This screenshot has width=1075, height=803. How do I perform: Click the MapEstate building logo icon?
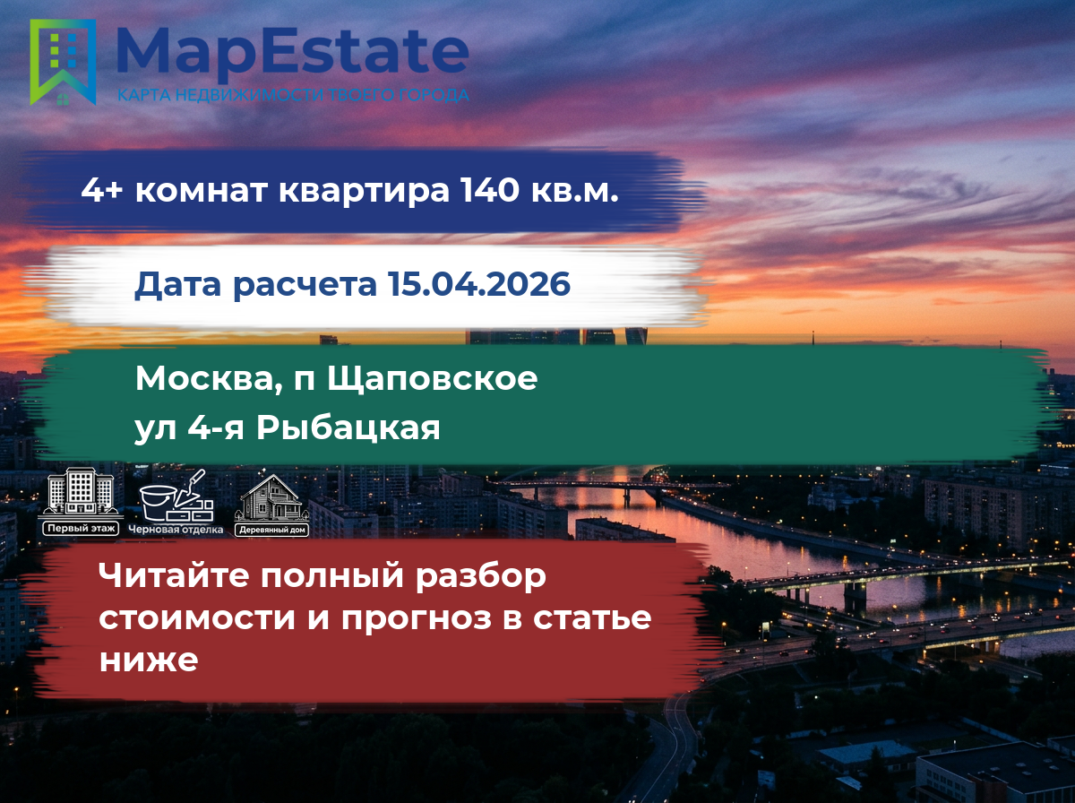coord(63,62)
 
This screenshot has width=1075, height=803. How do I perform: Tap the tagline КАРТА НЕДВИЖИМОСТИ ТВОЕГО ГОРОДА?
coord(293,95)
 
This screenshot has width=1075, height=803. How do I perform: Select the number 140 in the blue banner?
coord(489,190)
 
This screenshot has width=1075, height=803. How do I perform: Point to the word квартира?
coord(364,192)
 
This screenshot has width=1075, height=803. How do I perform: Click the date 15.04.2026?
coord(479,283)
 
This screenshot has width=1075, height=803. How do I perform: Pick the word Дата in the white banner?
coord(177,284)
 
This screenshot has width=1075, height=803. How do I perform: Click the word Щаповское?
coord(432,379)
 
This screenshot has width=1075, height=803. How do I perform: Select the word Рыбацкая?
coord(348,428)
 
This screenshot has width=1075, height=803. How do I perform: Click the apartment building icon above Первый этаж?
coord(81,494)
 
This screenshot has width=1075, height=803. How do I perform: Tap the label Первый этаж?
coord(81,529)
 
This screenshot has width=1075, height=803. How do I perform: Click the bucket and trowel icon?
coord(176,496)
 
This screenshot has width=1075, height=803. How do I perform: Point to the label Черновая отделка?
coord(176,530)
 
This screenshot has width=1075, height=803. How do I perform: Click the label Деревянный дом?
coord(271,530)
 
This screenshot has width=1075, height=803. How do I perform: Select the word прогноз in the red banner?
coord(417,618)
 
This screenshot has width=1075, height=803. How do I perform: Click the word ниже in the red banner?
coord(149,661)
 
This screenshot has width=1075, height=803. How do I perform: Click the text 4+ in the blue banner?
coord(102,190)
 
